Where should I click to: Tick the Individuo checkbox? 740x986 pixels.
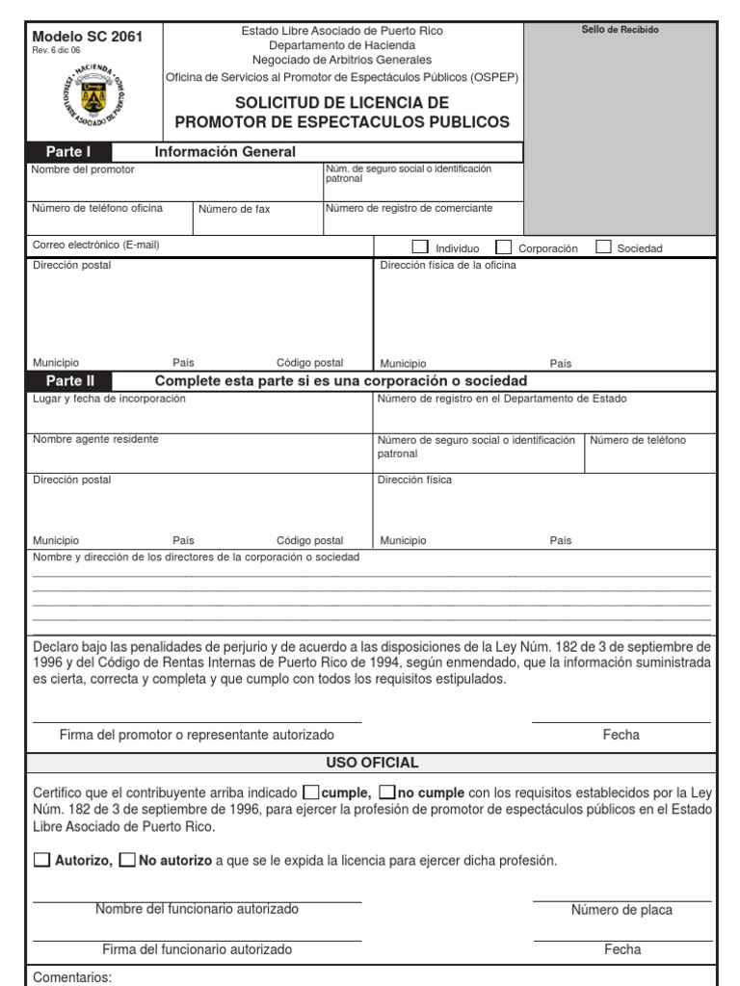click(x=420, y=246)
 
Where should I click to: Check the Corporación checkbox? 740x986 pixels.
click(x=503, y=246)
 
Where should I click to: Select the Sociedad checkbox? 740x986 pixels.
click(x=604, y=246)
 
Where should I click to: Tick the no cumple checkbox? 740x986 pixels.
click(x=386, y=792)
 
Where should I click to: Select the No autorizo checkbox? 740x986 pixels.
click(x=126, y=860)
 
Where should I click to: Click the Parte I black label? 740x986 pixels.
click(x=71, y=152)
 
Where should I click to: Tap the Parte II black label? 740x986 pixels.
click(x=71, y=381)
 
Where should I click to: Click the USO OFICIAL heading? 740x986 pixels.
click(x=372, y=763)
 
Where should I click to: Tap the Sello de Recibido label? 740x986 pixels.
click(x=621, y=31)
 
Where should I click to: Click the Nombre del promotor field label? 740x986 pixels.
click(x=83, y=169)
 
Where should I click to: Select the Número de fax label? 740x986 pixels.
click(x=235, y=209)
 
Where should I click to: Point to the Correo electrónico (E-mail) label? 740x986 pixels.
click(x=95, y=245)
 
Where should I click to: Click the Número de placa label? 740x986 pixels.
click(x=621, y=910)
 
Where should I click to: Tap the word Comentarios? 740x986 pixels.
click(x=73, y=977)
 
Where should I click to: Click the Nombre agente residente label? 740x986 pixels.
click(x=95, y=439)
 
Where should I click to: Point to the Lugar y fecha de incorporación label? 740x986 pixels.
click(x=109, y=399)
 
